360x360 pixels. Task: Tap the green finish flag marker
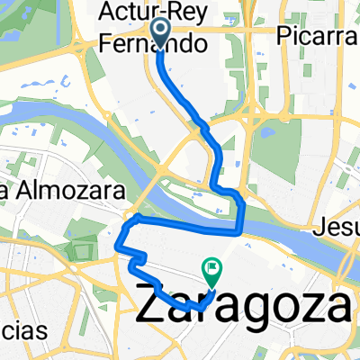(x=211, y=267)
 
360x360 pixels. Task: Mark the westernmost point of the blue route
(x=119, y=241)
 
